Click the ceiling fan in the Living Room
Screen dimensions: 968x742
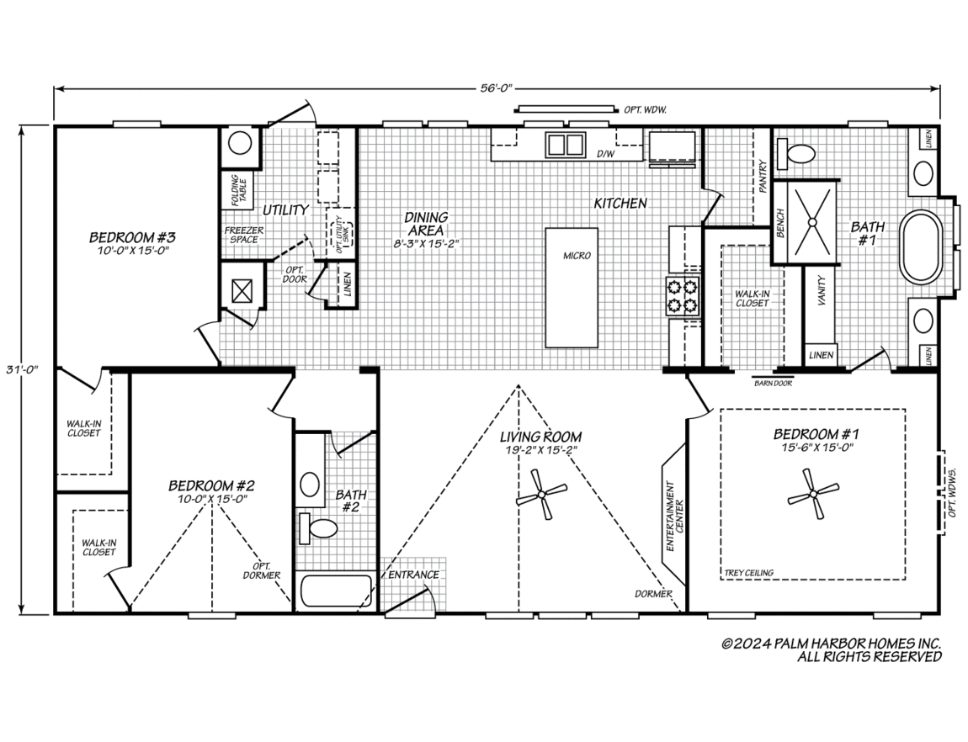(x=541, y=494)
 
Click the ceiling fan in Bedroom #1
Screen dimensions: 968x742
(x=813, y=494)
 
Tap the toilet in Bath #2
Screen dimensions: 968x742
(x=318, y=528)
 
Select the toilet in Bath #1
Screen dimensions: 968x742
(x=797, y=154)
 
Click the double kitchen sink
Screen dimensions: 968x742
(x=565, y=145)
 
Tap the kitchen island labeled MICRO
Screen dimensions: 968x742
(x=572, y=288)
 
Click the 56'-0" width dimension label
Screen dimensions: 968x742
(x=497, y=88)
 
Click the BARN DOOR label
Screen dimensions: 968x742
(x=773, y=383)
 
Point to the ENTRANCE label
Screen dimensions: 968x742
(x=413, y=575)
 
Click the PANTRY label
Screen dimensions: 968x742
(x=763, y=177)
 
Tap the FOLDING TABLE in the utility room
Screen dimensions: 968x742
(x=238, y=191)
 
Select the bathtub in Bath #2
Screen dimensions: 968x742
(x=337, y=591)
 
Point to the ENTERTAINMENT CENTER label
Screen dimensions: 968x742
(x=674, y=517)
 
